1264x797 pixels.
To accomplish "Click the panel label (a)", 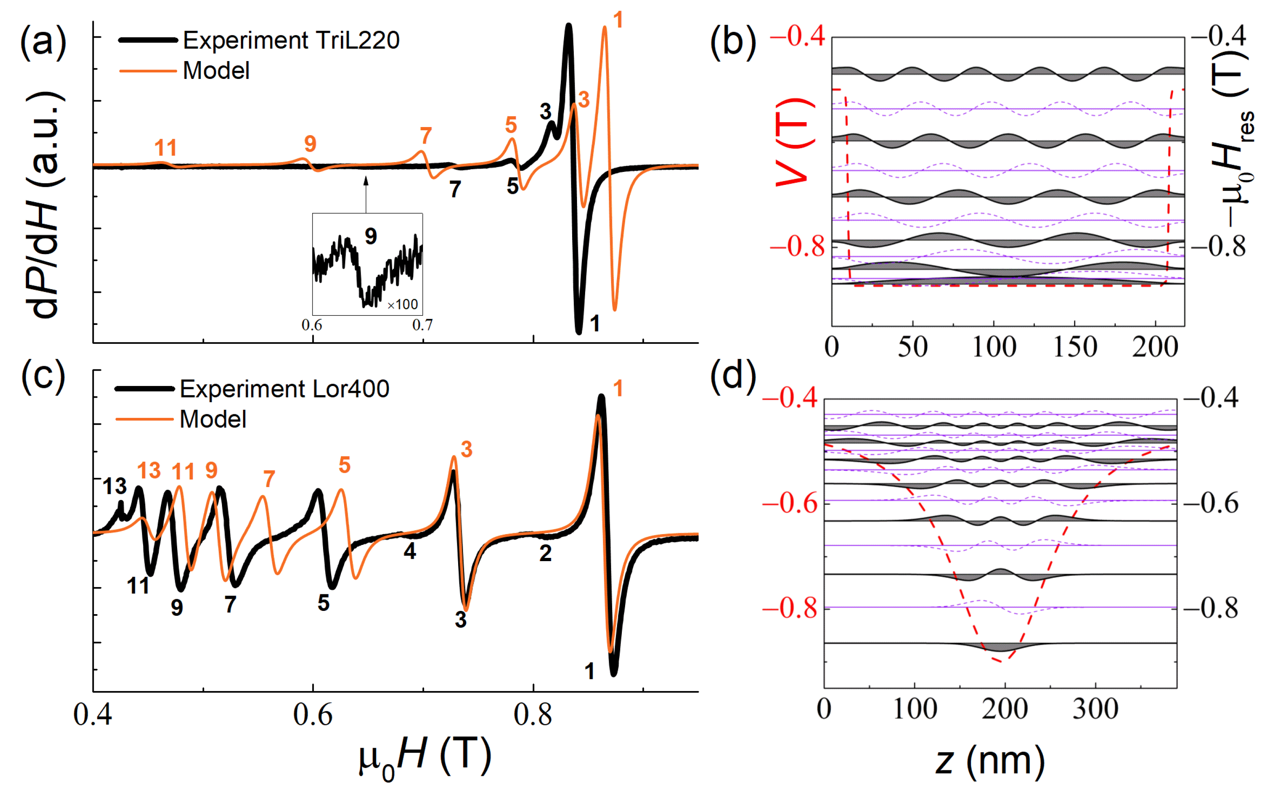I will (43, 42).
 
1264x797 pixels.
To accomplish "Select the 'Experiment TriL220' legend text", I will (291, 40).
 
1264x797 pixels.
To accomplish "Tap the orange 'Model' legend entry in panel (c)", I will (213, 420).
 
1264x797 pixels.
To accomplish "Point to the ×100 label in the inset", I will (403, 305).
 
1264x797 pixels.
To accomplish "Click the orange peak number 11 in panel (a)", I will (165, 148).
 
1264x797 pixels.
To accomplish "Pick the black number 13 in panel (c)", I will (114, 486).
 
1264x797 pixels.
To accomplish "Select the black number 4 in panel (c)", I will (410, 551).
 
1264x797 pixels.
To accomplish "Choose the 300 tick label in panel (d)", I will (1095, 709).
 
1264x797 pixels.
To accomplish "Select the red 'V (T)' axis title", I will (794, 142).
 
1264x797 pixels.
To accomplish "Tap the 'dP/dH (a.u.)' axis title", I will (44, 205).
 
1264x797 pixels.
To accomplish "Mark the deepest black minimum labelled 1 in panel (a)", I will (579, 332).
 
